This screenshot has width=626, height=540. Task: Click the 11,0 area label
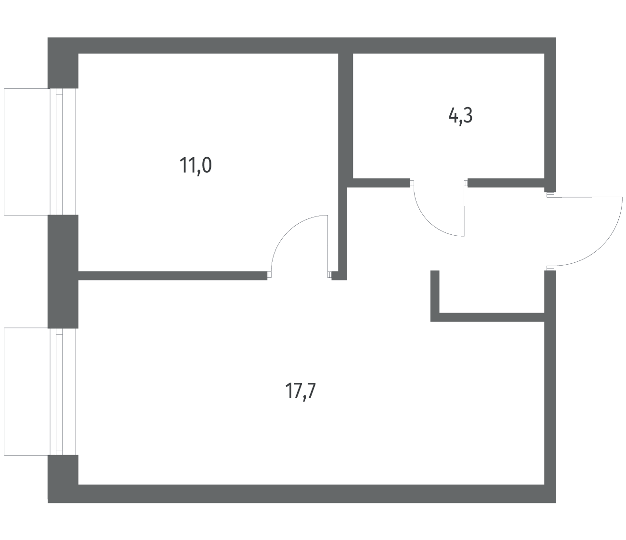tap(196, 166)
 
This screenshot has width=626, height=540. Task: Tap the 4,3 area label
tap(460, 116)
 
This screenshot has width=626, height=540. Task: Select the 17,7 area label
tap(301, 391)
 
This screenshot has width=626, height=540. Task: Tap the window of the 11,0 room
tap(59, 152)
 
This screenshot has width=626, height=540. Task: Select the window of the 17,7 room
tap(59, 391)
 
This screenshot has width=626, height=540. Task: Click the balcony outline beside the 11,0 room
tap(4, 152)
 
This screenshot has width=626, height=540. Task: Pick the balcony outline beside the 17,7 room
tap(4, 391)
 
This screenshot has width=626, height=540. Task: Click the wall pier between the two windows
tap(63, 271)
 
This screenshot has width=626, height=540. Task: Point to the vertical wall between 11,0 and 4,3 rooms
tap(345, 121)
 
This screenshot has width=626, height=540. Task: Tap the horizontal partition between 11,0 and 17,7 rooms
tap(172, 276)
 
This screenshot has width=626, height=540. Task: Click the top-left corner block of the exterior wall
tap(63, 63)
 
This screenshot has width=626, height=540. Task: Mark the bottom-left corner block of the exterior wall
tap(63, 479)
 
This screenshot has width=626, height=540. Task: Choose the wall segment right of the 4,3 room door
tap(506, 183)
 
